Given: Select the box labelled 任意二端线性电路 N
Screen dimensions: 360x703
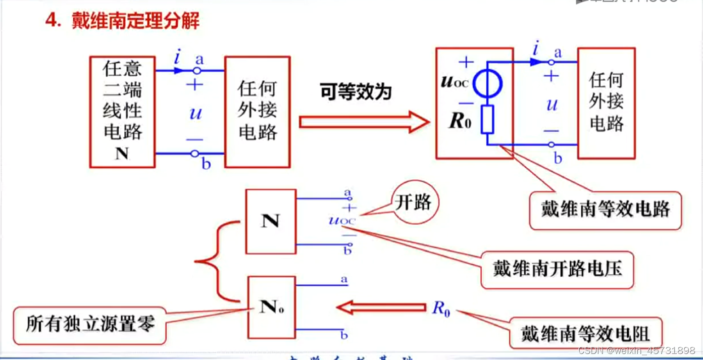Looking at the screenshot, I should tap(122, 112).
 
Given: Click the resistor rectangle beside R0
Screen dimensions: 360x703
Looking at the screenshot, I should tap(487, 120).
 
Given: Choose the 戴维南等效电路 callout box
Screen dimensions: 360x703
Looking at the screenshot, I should tap(605, 209).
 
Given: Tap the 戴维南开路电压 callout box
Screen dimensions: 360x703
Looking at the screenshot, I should tap(557, 269).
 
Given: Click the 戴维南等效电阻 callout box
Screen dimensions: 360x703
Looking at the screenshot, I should tap(585, 333).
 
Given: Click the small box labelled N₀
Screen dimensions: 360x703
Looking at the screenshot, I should tap(271, 307).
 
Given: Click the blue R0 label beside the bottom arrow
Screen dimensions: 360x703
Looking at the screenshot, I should tap(440, 308).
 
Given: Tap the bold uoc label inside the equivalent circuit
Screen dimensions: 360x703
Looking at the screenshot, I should tap(455, 82).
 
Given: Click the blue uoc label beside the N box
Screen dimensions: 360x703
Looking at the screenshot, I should tap(342, 220).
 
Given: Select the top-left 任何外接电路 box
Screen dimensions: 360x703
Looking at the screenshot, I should tap(258, 112).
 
